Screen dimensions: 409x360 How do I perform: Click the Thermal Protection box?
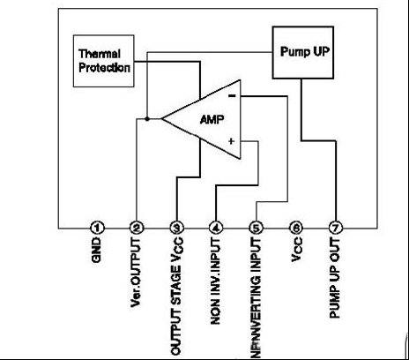coord(104,61)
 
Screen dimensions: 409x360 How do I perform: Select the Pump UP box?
coord(303,53)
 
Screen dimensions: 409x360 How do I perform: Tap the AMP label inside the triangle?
coord(212,119)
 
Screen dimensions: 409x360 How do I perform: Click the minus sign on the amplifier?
coord(232,95)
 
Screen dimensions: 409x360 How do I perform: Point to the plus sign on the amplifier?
coord(232,141)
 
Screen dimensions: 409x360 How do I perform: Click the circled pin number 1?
coord(97,228)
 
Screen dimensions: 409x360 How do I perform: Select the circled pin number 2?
coord(137,228)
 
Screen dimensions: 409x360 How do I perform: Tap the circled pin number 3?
coord(176,228)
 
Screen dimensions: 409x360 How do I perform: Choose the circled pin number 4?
coord(216,228)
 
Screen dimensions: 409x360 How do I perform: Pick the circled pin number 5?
coord(257,228)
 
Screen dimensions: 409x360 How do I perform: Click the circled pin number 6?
coord(296,228)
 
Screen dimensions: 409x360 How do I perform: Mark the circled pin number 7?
coord(336,228)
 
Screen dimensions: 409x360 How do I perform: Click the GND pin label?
coord(96,250)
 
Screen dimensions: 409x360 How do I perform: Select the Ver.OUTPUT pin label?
coord(136,273)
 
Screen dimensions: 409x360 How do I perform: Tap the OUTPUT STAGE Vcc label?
coord(176,296)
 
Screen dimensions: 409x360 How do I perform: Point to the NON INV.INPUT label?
coord(216,281)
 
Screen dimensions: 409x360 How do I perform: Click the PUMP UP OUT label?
coord(335,278)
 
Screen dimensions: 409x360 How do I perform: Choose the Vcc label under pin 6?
coord(296,250)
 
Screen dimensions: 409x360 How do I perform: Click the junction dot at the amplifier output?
coord(147,119)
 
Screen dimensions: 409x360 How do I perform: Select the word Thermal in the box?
coord(100,54)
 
